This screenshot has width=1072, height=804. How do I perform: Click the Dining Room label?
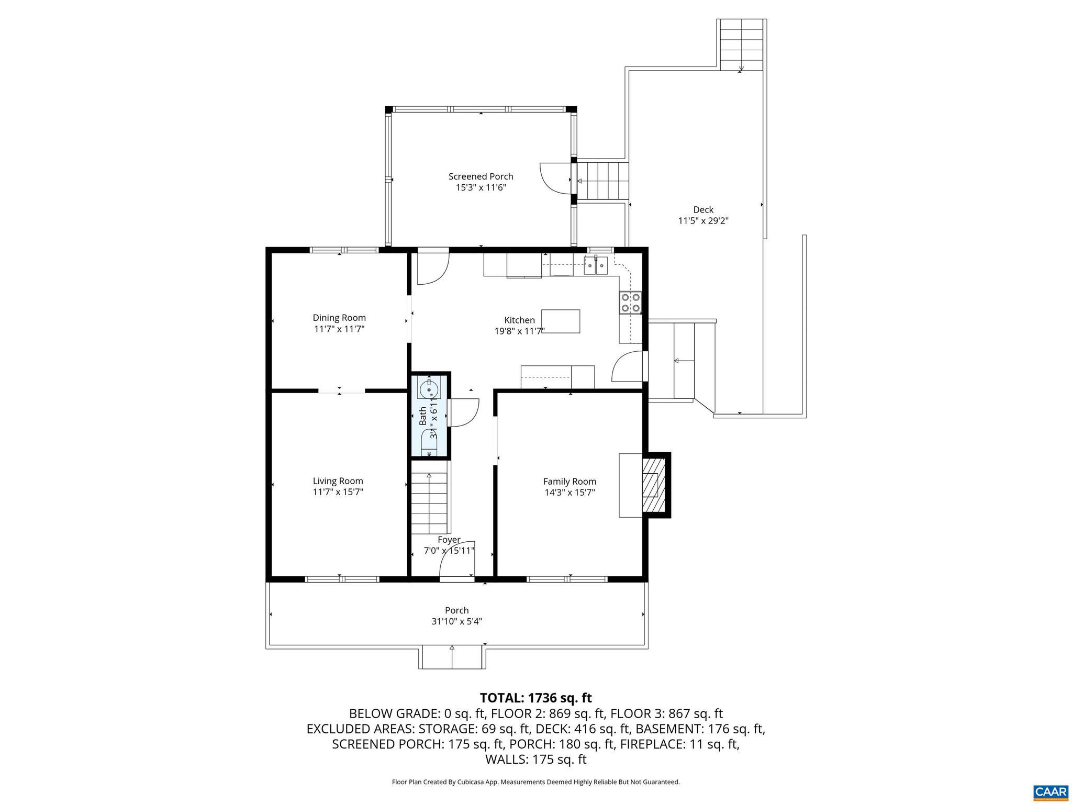tap(339, 318)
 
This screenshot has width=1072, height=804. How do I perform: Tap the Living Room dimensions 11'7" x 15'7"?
tap(338, 492)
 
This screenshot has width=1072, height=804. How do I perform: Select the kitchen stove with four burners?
tap(630, 303)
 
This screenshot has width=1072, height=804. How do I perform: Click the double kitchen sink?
tap(596, 266)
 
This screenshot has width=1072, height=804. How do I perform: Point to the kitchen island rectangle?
tap(561, 321)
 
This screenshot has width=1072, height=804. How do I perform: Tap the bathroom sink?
tap(429, 389)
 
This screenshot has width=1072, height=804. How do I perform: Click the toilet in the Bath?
tap(429, 445)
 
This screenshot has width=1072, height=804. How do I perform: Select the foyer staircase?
tap(429, 502)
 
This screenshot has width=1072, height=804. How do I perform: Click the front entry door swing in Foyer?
tap(456, 560)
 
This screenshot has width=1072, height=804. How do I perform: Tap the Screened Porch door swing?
tap(555, 178)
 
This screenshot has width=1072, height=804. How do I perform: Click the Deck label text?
tap(703, 210)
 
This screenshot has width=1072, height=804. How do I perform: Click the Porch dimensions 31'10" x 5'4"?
tap(456, 622)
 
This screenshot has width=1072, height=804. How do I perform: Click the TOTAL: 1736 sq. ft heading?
tap(535, 698)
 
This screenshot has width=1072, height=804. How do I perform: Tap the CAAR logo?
tap(1051, 790)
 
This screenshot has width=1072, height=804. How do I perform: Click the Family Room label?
tap(569, 482)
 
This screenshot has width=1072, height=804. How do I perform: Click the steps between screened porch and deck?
tap(602, 181)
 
